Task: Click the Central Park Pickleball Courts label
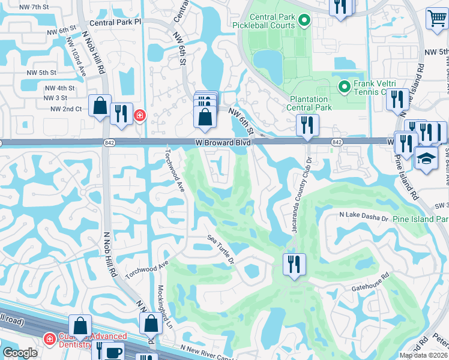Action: pos(264,22)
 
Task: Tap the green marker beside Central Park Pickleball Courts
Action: pos(304,22)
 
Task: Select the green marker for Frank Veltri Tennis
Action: pos(344,88)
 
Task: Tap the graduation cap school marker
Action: pos(426,158)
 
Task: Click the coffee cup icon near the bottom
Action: pos(114,352)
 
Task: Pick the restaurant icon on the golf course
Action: pos(294,263)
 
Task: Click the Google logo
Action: pos(19,353)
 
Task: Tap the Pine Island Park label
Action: pos(420,219)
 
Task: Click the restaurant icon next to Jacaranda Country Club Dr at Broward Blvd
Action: pos(307,125)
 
